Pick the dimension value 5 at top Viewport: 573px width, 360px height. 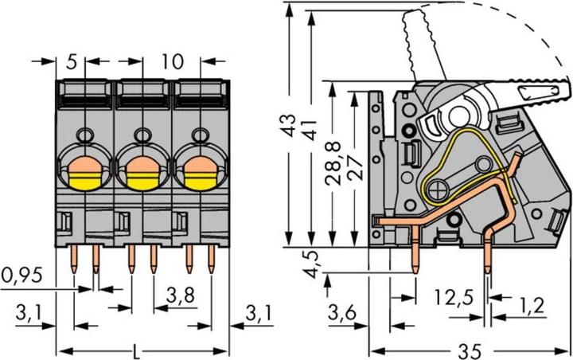click(72, 61)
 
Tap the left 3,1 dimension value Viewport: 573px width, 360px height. click(29, 314)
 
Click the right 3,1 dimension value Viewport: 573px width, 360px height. click(258, 314)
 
